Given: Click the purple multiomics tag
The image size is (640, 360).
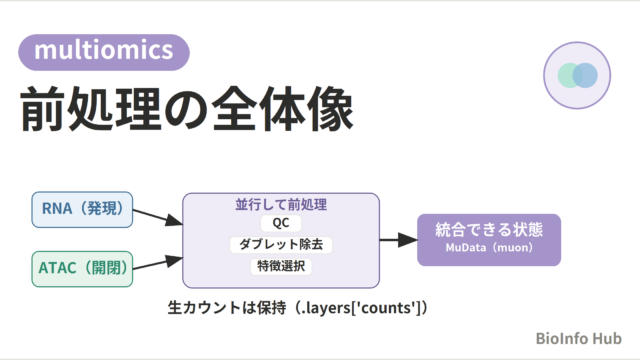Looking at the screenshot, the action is (x=104, y=52).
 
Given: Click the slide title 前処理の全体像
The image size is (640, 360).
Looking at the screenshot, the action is (x=187, y=109).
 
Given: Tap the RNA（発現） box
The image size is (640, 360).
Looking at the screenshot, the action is (x=82, y=209).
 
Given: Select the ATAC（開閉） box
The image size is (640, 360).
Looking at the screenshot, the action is (x=82, y=269).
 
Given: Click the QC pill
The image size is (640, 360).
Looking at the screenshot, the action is (x=281, y=223).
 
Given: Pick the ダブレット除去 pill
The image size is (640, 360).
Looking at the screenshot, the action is (x=281, y=244).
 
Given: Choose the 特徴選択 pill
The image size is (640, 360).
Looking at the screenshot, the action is (x=281, y=266).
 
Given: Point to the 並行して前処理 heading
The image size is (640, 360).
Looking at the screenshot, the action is (x=281, y=204).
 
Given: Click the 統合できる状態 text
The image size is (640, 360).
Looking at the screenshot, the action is (x=489, y=229).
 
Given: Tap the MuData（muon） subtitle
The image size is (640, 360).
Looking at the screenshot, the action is (x=489, y=248).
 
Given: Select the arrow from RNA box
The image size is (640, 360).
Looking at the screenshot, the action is (x=158, y=217).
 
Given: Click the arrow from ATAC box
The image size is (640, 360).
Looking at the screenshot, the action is (x=158, y=262).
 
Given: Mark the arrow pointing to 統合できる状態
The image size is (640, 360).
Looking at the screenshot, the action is (x=398, y=240).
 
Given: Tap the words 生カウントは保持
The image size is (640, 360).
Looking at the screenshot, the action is (x=227, y=308).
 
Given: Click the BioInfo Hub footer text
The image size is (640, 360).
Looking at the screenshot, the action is (x=578, y=338).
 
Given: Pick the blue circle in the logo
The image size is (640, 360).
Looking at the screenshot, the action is (x=585, y=75).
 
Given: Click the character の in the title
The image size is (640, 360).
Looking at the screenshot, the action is (x=186, y=110).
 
